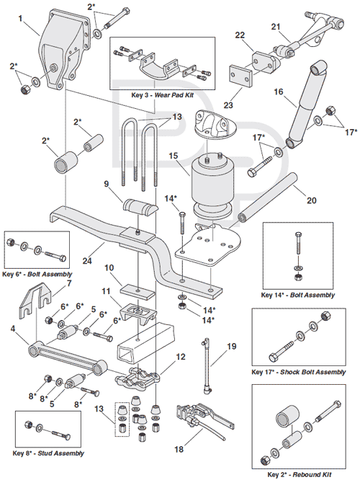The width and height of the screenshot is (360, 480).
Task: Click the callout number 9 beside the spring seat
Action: [x=107, y=185]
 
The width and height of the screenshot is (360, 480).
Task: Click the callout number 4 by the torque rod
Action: [x=13, y=330]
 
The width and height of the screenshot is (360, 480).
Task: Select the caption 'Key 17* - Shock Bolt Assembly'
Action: [x=297, y=372]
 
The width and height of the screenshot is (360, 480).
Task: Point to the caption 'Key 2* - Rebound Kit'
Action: [x=297, y=474]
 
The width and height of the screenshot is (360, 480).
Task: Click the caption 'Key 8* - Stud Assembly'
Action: [x=48, y=453]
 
